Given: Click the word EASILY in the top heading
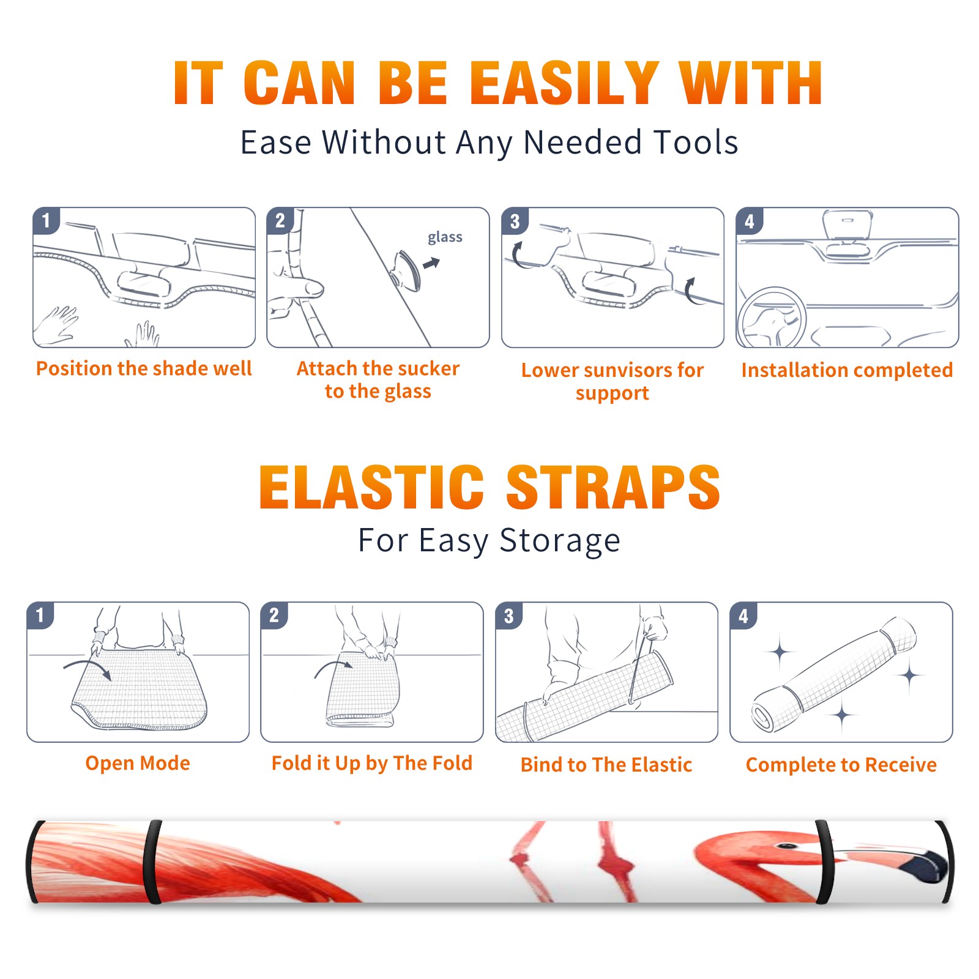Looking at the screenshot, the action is (564, 83).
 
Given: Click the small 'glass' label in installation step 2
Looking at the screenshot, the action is (445, 237).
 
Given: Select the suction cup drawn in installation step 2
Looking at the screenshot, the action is (408, 270).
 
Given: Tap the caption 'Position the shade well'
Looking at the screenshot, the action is (144, 368).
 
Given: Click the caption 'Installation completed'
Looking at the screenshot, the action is (847, 370).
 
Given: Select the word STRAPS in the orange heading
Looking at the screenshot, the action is (613, 487).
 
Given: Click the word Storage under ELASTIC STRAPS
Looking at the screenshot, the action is (560, 541).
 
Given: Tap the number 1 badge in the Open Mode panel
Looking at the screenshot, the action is (40, 616).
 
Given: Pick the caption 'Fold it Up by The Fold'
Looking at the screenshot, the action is (372, 764).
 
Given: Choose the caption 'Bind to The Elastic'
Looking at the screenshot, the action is (606, 765).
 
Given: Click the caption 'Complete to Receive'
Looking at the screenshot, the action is (841, 765).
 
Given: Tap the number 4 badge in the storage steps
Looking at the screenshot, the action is (743, 616).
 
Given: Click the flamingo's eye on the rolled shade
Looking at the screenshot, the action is (787, 846).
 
